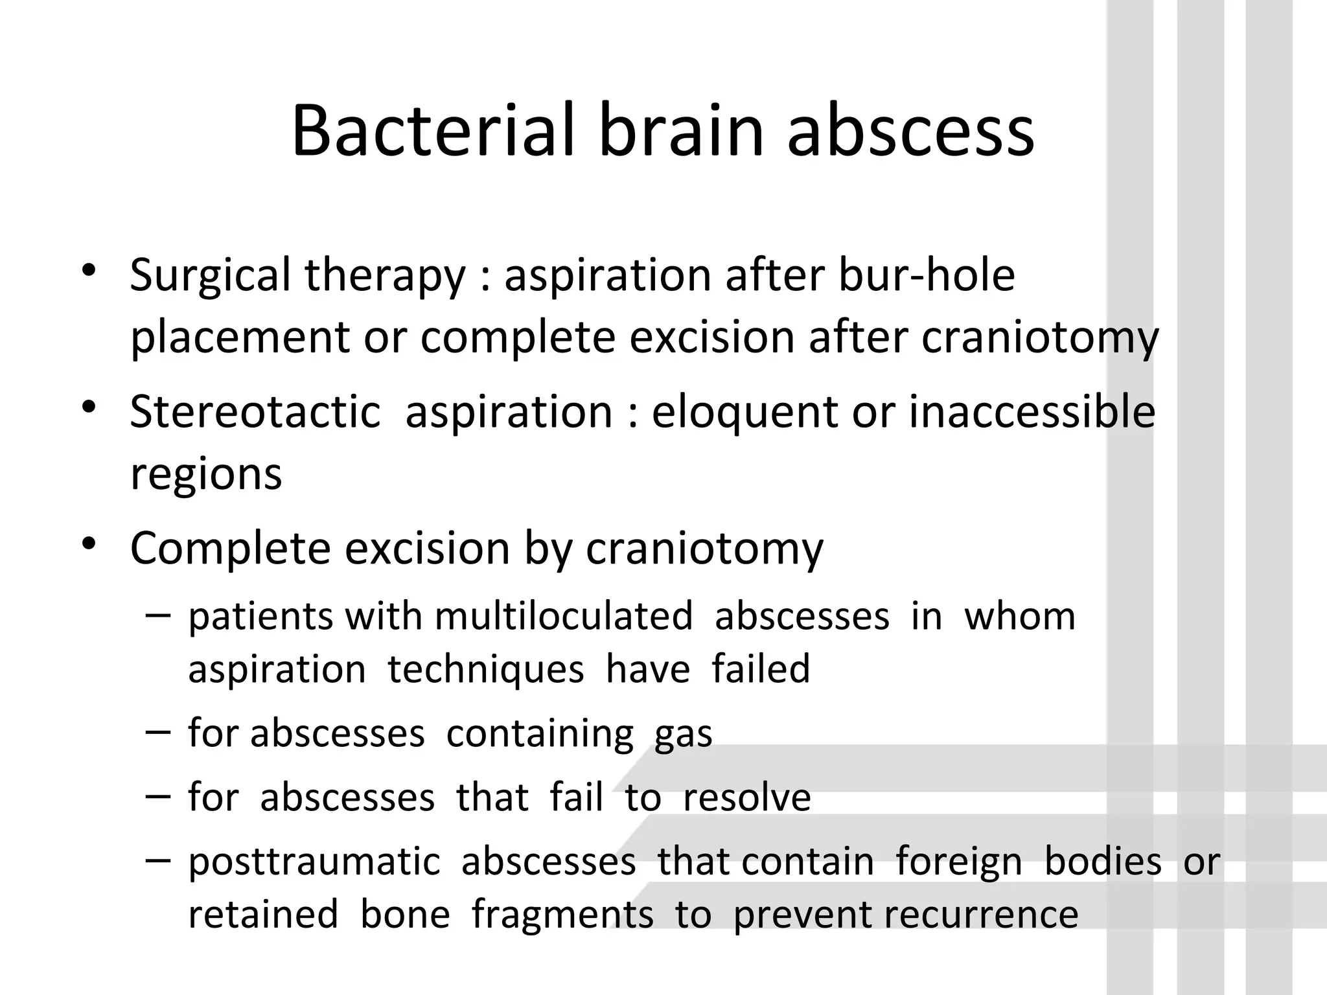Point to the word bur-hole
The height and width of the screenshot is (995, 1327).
point(926,275)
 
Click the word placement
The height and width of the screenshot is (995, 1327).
point(240,339)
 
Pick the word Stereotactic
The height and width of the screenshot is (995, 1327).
point(255,412)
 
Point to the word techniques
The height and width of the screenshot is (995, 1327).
point(486,669)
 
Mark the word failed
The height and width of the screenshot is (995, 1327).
point(761,669)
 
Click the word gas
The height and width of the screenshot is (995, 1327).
point(683,735)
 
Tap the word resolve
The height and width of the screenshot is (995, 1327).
point(746,797)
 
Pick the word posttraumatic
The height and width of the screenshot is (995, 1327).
point(314,862)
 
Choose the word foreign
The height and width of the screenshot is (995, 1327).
point(959,862)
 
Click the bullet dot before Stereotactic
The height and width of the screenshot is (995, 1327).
point(89,407)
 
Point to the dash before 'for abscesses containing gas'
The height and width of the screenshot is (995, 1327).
point(159,731)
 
